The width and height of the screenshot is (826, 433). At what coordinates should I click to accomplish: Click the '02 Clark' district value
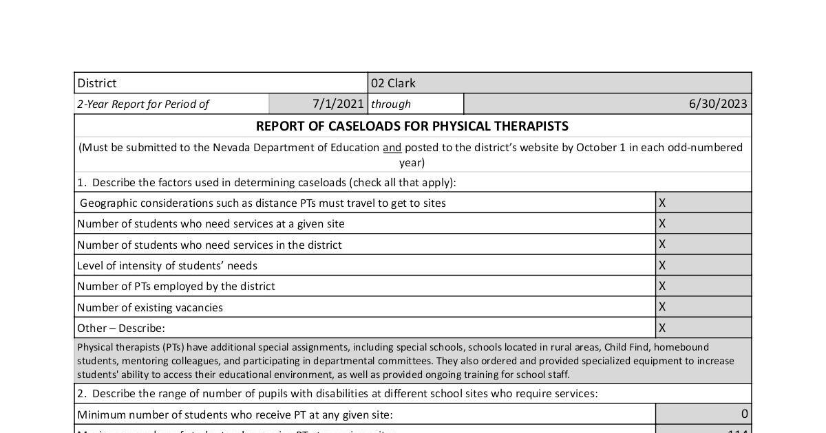click(x=393, y=83)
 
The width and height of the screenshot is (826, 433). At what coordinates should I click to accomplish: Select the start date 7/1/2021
click(x=338, y=104)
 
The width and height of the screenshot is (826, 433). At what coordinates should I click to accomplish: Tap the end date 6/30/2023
click(x=718, y=104)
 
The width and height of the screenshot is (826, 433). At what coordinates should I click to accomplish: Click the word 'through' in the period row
click(x=391, y=104)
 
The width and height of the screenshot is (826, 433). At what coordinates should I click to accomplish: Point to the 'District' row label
click(x=97, y=83)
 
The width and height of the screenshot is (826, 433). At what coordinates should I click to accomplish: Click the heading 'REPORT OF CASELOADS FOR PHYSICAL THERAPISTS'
click(x=412, y=126)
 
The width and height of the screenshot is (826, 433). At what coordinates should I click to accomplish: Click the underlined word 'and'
click(x=392, y=147)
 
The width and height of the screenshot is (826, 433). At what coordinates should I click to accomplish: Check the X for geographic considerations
click(x=662, y=203)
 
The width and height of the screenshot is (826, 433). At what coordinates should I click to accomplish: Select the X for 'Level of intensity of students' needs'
click(x=662, y=265)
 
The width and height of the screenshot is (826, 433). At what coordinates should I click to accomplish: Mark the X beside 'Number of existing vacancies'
click(x=662, y=307)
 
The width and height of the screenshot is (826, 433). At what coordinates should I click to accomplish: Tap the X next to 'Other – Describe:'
click(x=662, y=328)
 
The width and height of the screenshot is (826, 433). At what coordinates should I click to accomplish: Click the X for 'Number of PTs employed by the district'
click(x=662, y=286)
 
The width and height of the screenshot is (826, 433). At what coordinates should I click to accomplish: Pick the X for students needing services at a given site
click(x=662, y=223)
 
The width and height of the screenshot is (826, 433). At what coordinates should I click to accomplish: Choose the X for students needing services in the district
click(x=662, y=244)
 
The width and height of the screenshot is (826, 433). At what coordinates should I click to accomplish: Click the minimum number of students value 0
click(x=744, y=414)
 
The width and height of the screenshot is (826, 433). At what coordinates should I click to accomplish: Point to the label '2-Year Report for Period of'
click(x=143, y=104)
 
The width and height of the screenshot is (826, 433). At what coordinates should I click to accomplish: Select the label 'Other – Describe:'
click(x=121, y=328)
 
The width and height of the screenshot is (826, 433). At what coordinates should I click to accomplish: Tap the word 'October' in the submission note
click(x=599, y=147)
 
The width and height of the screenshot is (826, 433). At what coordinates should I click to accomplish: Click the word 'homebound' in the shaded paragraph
click(x=681, y=347)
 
